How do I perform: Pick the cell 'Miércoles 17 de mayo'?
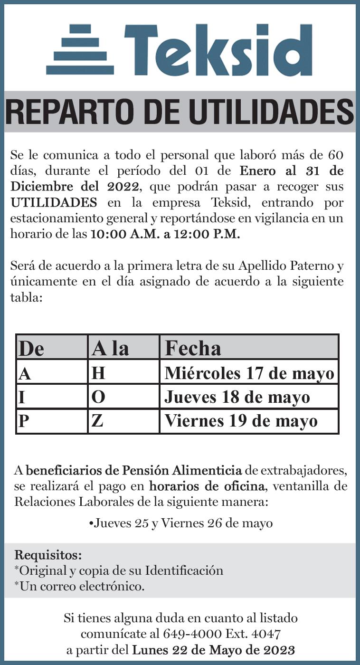(x=249, y=373)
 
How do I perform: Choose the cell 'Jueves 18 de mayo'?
(x=237, y=397)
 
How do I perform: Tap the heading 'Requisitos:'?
(x=48, y=554)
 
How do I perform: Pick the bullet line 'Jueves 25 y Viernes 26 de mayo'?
(x=180, y=523)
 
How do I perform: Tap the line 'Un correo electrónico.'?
(x=79, y=586)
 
